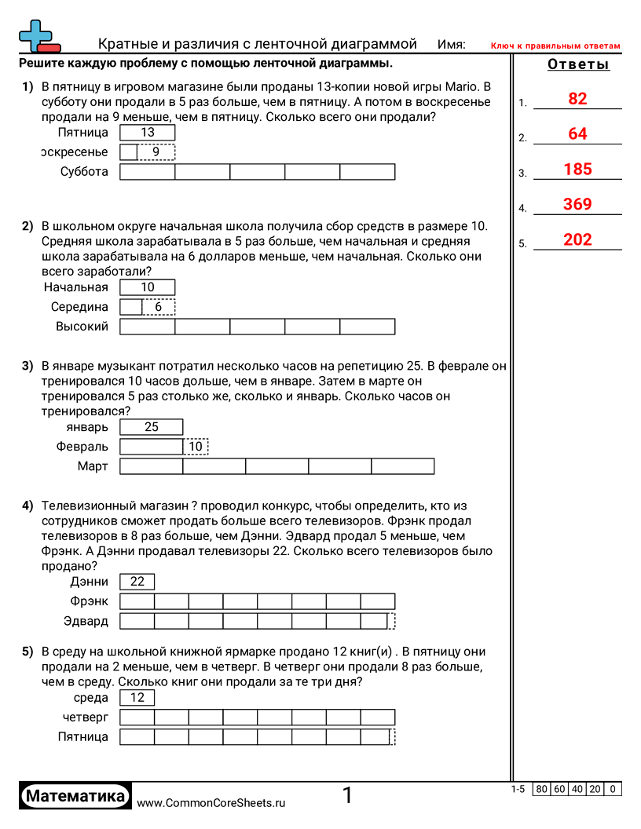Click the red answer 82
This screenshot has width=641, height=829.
coord(577,99)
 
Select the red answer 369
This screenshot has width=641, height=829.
coord(577,205)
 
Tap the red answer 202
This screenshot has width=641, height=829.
coord(577,240)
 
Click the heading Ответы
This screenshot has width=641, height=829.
coord(578,64)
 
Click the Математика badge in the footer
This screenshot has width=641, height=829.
coord(75,796)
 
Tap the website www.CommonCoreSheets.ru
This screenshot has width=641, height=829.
coord(211,803)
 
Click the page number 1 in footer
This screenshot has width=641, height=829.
coord(347,796)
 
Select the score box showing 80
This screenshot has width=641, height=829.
coord(541,790)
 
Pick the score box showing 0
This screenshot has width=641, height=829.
coord(613,790)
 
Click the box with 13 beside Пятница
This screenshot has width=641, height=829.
coord(148,133)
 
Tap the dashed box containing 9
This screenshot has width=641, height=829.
coord(156,152)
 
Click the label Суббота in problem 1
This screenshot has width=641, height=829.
coord(84,172)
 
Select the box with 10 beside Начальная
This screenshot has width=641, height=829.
coord(148,287)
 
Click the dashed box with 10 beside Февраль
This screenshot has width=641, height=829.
coord(196,447)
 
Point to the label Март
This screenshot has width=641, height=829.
coord(93,467)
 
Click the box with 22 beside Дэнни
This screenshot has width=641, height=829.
coord(137,582)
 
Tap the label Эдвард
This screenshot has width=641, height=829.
coord(86,622)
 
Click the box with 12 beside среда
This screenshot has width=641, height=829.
coord(137,698)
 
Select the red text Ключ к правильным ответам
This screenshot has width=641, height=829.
coord(555,46)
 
